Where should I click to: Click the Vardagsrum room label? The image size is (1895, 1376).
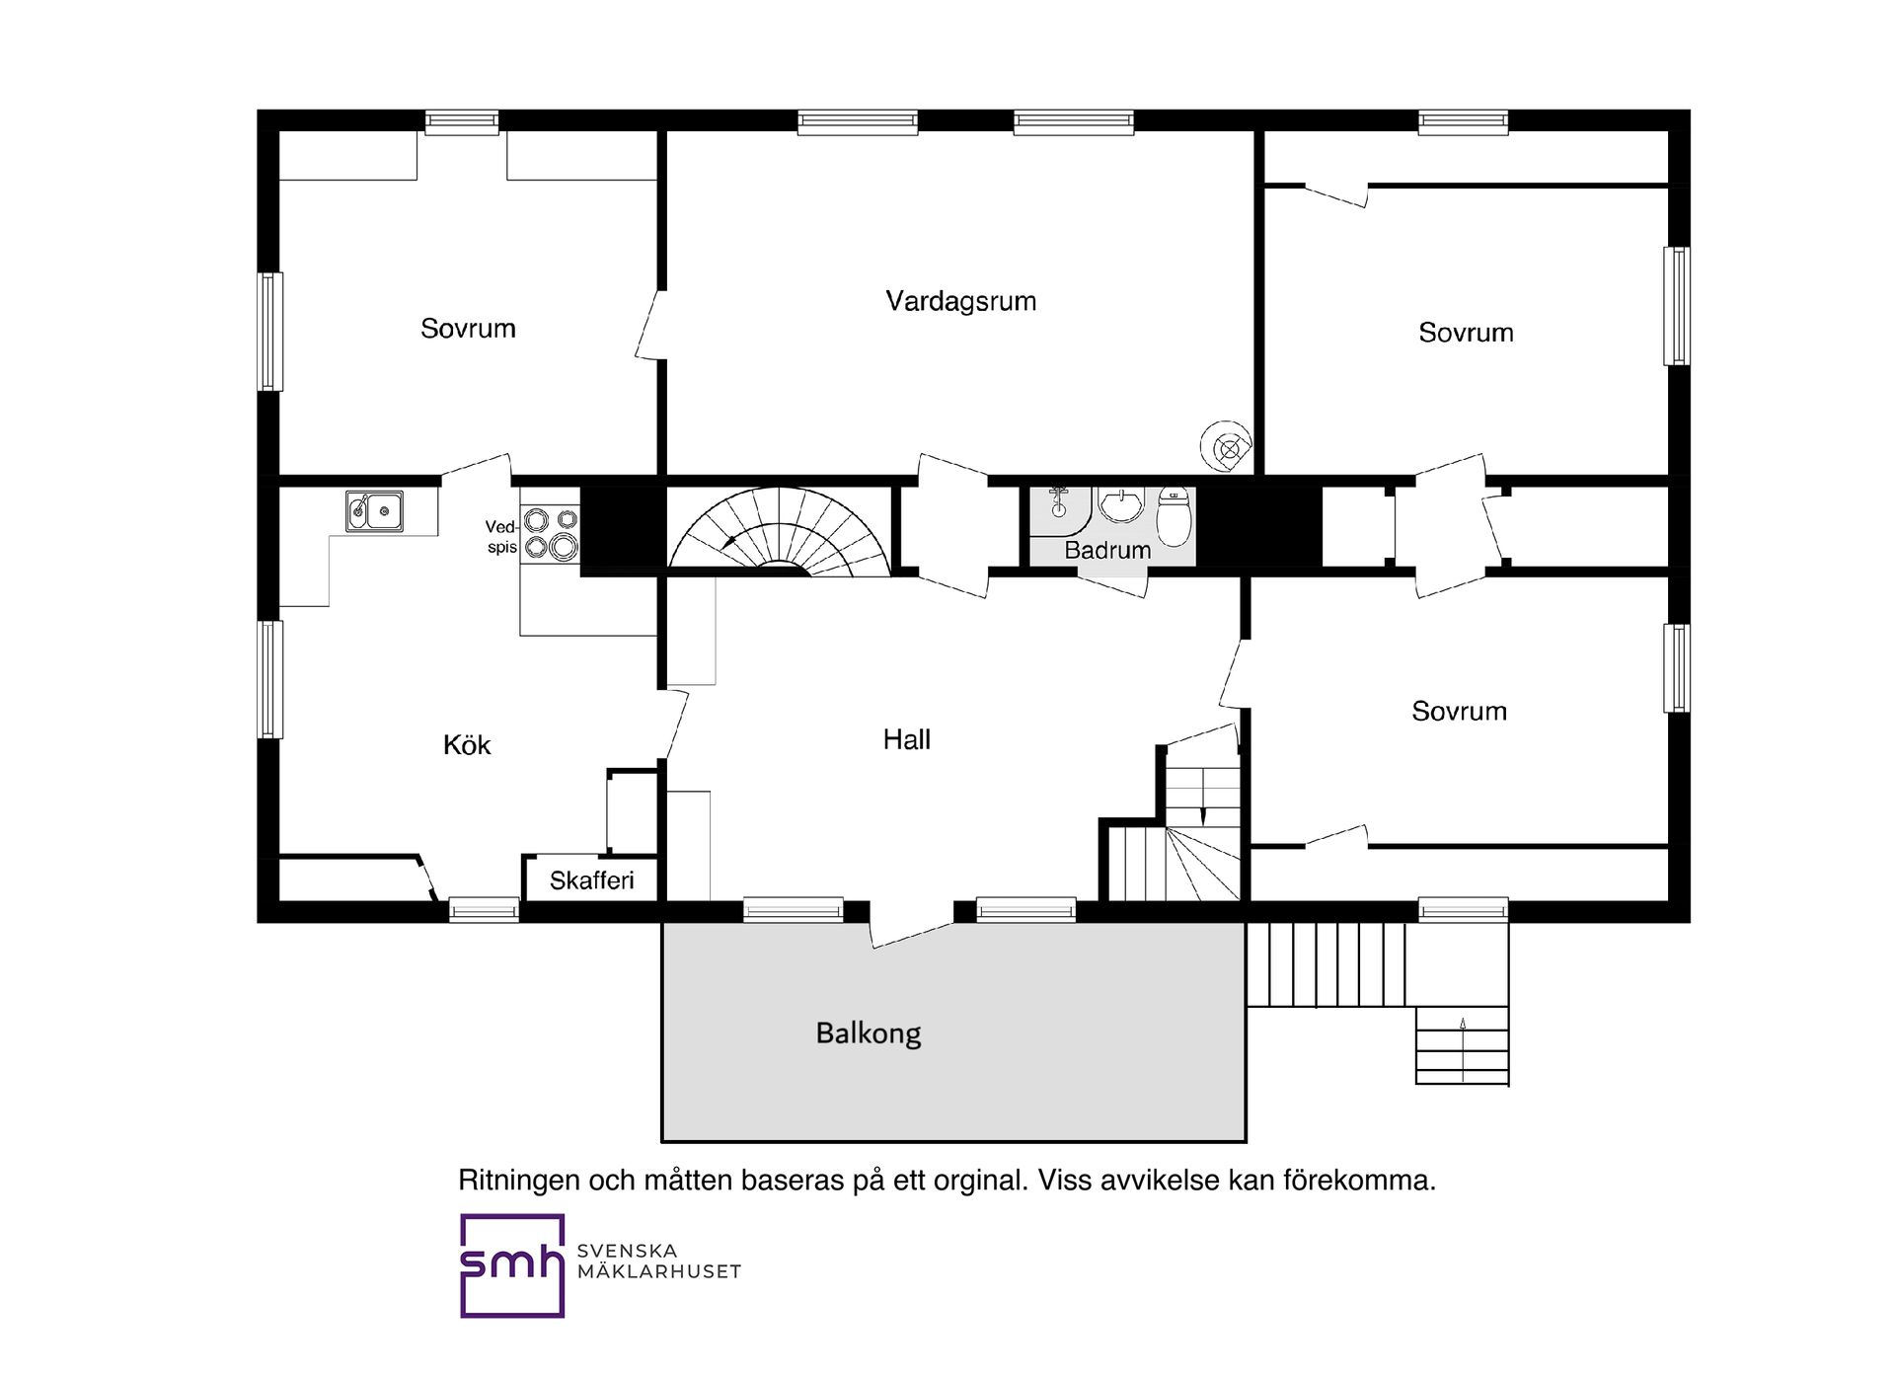(960, 301)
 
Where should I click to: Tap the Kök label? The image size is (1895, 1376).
(467, 744)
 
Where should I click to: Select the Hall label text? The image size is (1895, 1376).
(906, 739)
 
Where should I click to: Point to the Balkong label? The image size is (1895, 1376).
(869, 1033)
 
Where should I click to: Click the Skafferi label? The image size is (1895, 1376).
(591, 880)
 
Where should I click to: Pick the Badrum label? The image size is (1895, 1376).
(1107, 550)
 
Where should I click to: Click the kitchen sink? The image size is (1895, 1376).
(374, 510)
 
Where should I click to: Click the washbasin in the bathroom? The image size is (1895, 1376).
(1120, 504)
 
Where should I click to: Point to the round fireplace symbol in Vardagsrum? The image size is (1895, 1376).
(1227, 449)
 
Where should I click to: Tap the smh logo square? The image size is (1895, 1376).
(512, 1265)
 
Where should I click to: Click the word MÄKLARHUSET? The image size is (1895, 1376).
(659, 1271)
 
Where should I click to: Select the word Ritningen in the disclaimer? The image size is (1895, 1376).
(519, 1181)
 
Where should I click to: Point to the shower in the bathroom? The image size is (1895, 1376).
(1060, 503)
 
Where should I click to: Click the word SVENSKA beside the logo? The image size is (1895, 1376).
(627, 1251)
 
